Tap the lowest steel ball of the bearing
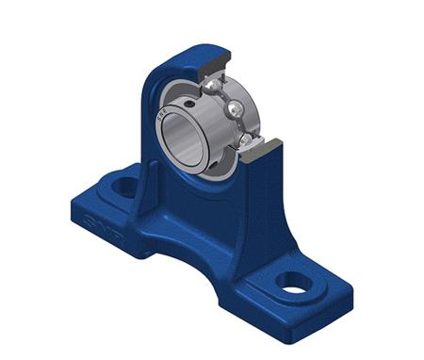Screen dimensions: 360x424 tap(247, 140)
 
